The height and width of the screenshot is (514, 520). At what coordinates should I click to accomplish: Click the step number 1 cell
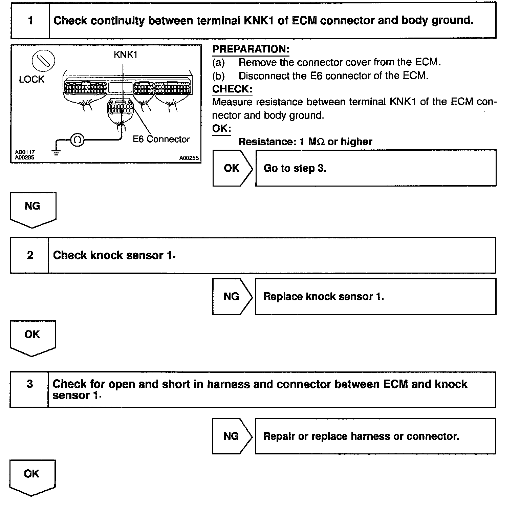[x=30, y=21]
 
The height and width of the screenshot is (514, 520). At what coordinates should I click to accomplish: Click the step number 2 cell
[x=30, y=255]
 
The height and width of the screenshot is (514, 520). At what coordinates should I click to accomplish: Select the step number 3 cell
[x=29, y=384]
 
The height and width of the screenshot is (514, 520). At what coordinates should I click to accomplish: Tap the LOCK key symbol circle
[x=43, y=62]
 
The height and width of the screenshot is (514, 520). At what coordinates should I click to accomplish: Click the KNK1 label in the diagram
[x=126, y=55]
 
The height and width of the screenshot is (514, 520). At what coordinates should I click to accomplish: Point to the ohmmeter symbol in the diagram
[x=77, y=140]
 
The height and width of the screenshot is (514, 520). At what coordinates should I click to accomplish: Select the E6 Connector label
[x=161, y=139]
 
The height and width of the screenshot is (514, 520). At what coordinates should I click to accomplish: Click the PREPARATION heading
[x=251, y=49]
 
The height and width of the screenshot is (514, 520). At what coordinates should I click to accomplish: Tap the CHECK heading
[x=232, y=89]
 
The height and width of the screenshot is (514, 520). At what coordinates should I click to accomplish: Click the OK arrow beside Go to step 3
[x=232, y=168]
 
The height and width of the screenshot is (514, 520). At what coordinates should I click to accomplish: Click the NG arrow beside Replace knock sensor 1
[x=232, y=297]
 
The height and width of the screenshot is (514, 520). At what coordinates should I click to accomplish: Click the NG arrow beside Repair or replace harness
[x=232, y=436]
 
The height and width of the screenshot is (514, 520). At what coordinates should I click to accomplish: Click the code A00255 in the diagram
[x=189, y=158]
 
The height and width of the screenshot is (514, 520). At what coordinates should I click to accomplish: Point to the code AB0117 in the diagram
[x=25, y=153]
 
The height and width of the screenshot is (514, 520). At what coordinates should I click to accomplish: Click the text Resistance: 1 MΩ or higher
[x=305, y=142]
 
